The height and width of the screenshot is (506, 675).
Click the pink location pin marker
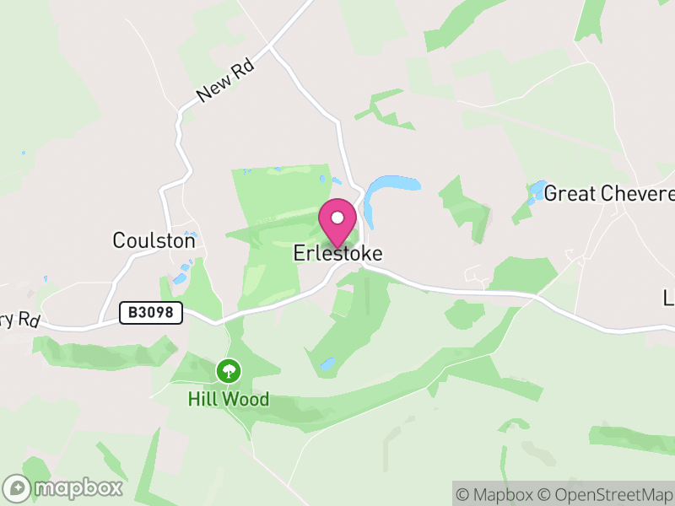(337, 223)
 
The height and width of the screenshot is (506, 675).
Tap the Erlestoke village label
(337, 253)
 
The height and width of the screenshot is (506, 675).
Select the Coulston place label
(154, 240)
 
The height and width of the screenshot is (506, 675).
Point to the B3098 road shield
(151, 313)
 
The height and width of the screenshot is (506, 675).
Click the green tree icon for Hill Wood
(227, 370)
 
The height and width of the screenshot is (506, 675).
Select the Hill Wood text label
(228, 399)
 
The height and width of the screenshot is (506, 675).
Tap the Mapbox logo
(64, 487)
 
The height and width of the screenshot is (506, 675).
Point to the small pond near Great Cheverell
(536, 191)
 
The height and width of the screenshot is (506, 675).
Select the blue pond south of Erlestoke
(327, 365)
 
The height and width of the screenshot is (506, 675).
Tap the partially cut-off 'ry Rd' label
(20, 320)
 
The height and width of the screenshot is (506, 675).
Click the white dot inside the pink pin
(337, 218)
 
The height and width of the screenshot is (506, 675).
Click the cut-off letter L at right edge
(669, 298)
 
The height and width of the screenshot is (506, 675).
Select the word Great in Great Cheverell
(570, 194)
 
